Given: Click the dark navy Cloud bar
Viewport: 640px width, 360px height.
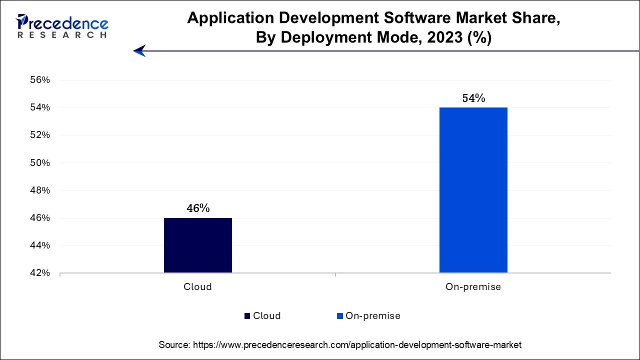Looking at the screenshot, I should tap(197, 245).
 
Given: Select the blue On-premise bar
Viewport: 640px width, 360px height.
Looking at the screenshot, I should tap(473, 190).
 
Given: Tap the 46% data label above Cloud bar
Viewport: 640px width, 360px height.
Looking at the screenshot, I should tap(198, 208).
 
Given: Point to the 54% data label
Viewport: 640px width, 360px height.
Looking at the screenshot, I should tap(473, 98).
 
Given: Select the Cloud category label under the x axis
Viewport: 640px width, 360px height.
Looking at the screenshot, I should tap(197, 287).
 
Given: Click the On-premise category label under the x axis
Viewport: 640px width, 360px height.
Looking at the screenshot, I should tap(473, 287).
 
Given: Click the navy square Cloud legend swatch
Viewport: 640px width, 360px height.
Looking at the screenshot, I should tap(247, 316).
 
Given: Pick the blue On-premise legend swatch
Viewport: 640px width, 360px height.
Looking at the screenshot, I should tap(340, 316).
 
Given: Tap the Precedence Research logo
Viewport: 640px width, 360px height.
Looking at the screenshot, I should tap(62, 26).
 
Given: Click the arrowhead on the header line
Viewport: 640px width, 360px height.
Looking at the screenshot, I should tap(139, 50).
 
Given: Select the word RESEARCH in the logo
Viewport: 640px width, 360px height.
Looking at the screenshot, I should tap(62, 35).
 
